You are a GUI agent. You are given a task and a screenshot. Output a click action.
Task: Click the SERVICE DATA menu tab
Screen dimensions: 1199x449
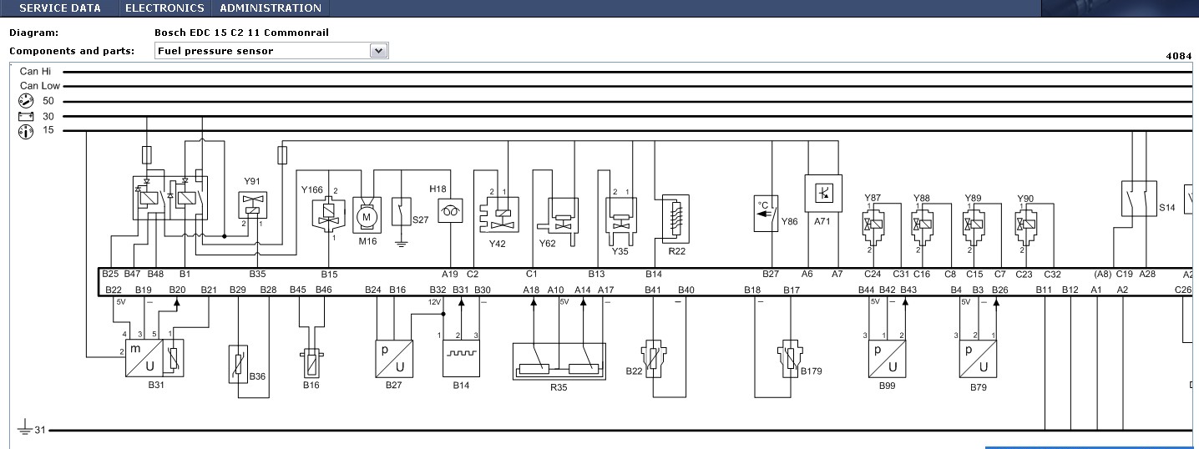[60, 8]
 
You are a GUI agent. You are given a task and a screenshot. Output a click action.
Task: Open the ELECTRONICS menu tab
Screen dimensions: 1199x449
[164, 8]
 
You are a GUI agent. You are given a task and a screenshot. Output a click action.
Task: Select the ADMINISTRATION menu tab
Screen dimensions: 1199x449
[271, 8]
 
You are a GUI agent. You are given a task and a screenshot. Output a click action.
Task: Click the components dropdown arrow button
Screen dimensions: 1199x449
[378, 51]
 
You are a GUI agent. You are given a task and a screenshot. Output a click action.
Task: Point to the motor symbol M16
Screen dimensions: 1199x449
[367, 215]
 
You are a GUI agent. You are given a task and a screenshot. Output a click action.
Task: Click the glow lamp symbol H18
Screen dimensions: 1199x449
[450, 211]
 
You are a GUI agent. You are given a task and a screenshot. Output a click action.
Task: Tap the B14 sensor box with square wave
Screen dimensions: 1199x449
[461, 358]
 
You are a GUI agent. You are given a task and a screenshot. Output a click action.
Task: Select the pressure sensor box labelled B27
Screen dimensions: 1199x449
[394, 359]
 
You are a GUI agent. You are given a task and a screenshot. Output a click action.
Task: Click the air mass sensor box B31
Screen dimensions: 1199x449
[154, 357]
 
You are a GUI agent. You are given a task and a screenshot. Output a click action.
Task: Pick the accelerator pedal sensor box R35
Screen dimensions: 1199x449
[559, 361]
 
